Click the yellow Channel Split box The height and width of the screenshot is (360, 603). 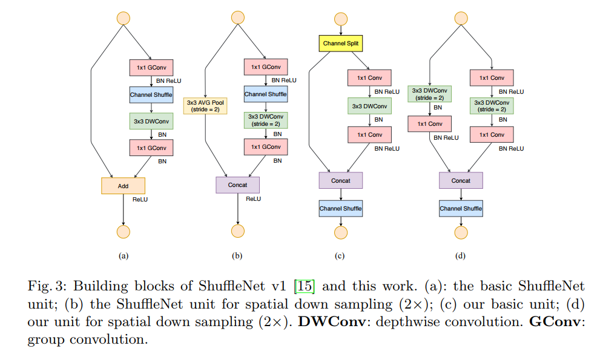[340, 43]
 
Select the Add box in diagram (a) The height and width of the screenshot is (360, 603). [123, 186]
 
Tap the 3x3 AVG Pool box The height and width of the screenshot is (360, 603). [205, 106]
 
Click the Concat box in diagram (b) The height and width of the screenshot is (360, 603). [237, 185]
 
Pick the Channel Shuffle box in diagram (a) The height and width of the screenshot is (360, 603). [151, 95]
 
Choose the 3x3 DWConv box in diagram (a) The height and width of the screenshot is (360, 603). [151, 121]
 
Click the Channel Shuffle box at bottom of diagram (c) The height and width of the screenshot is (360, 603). [340, 209]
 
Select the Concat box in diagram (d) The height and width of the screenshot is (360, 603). [461, 180]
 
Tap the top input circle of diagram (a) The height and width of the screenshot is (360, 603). [123, 18]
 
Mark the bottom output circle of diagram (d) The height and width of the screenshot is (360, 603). [461, 232]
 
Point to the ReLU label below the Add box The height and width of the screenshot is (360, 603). [140, 199]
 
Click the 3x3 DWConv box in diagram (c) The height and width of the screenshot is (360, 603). [369, 106]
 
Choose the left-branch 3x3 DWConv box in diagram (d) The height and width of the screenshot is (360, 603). [429, 94]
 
